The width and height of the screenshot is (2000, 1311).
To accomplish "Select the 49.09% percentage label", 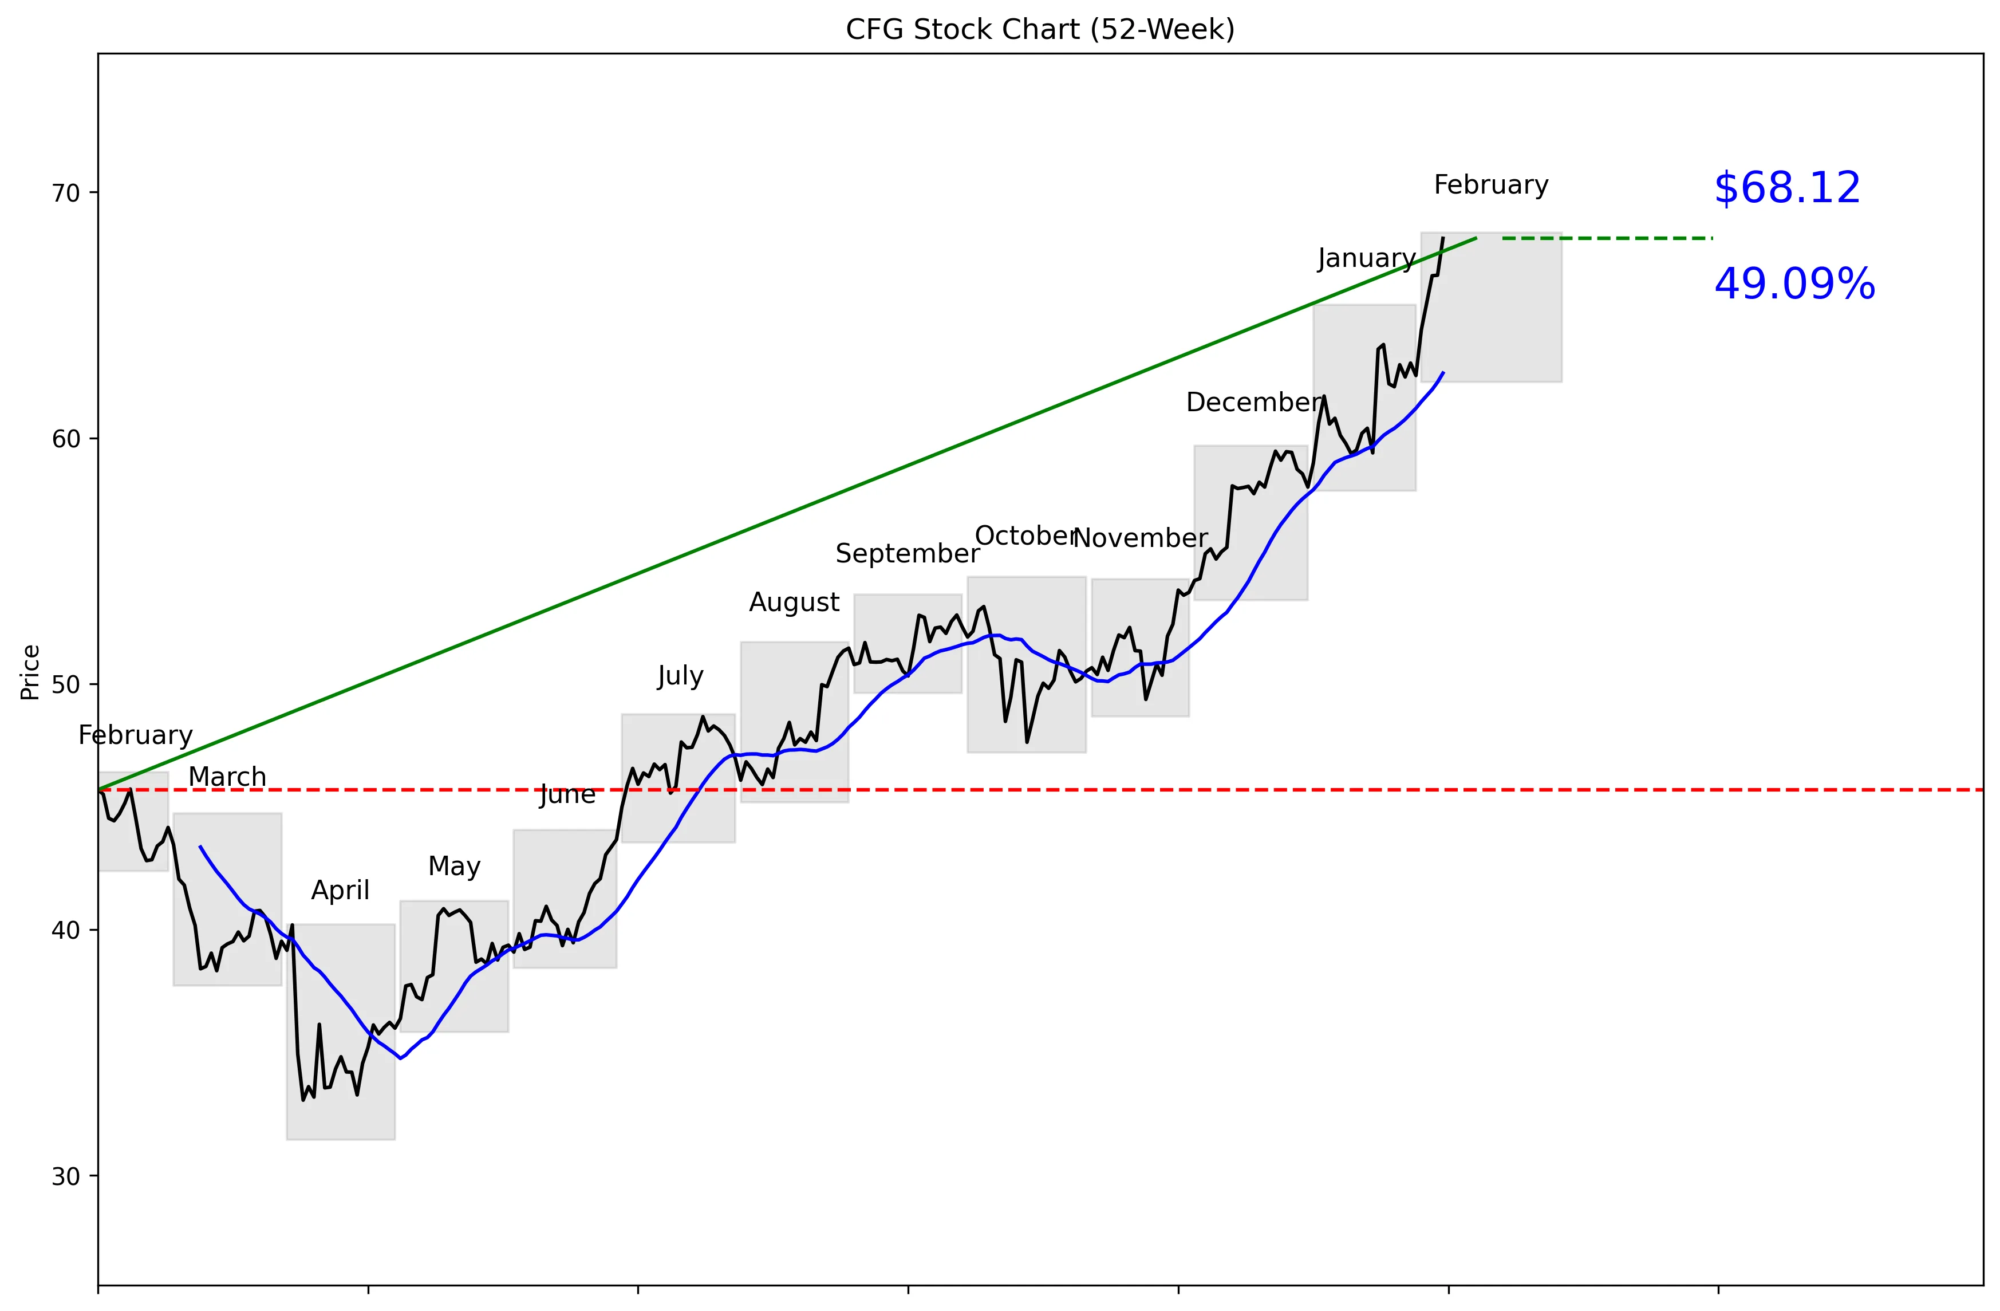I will pyautogui.click(x=1794, y=284).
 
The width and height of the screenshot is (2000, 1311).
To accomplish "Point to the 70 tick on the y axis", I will pyautogui.click(x=65, y=193).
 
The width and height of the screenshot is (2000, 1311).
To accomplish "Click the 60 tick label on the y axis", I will pyautogui.click(x=65, y=439).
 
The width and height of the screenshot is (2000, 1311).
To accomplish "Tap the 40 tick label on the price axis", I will pyautogui.click(x=65, y=930).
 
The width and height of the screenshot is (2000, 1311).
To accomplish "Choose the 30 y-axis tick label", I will pyautogui.click(x=65, y=1176).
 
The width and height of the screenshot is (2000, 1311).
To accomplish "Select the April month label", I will pyautogui.click(x=340, y=890).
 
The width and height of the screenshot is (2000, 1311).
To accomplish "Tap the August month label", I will pyautogui.click(x=794, y=602).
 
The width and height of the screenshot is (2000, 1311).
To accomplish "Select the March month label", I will pyautogui.click(x=227, y=777).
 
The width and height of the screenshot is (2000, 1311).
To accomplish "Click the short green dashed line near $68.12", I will pyautogui.click(x=1606, y=239).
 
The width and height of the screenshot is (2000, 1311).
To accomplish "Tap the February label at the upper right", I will pyautogui.click(x=1491, y=185).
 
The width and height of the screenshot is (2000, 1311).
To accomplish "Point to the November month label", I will pyautogui.click(x=1141, y=538).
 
